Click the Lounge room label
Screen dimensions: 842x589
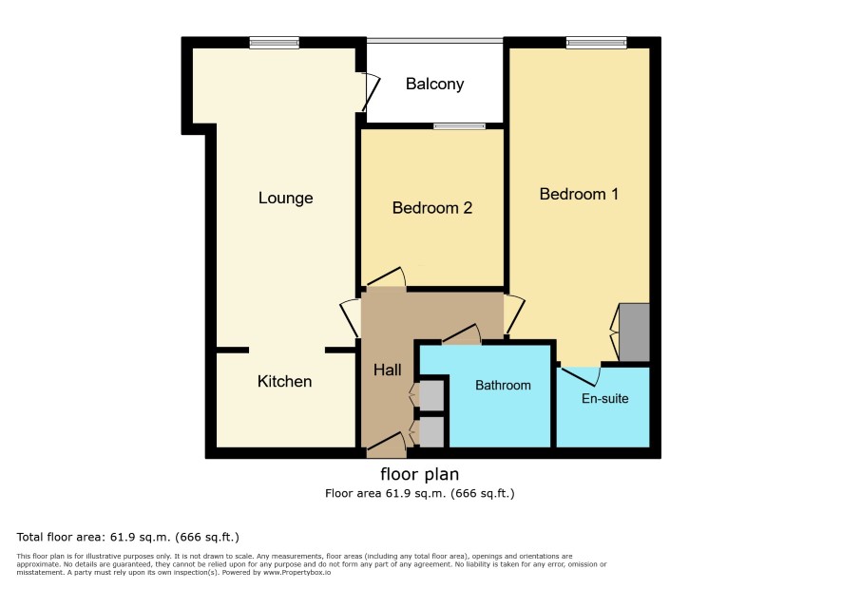click(x=285, y=198)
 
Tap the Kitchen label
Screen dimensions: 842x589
click(x=284, y=381)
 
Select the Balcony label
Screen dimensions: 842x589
click(x=434, y=84)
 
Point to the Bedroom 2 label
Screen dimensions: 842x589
click(x=432, y=208)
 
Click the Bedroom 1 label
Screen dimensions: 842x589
click(x=579, y=194)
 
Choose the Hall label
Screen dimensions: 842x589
click(x=387, y=370)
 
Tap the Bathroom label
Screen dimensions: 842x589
click(x=503, y=385)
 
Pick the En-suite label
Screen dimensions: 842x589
click(x=604, y=398)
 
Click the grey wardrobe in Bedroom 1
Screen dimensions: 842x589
click(x=634, y=332)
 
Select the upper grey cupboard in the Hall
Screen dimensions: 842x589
click(x=431, y=396)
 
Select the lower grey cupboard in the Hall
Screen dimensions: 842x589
click(x=431, y=432)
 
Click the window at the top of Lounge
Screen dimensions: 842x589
click(x=274, y=43)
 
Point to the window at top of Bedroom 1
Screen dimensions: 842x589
click(x=596, y=43)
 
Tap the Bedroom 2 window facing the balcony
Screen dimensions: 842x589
click(x=460, y=126)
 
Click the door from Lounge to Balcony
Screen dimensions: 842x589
click(x=371, y=92)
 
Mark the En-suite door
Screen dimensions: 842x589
click(x=581, y=376)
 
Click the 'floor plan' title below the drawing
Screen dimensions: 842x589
click(x=419, y=474)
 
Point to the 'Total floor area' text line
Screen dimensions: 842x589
click(x=127, y=537)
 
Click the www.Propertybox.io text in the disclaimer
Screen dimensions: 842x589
click(x=297, y=572)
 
